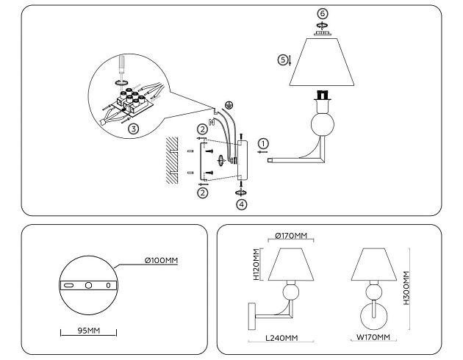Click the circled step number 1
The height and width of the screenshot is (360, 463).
(264, 144)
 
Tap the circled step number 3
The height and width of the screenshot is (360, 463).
(132, 128)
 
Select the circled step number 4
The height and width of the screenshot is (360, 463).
(242, 204)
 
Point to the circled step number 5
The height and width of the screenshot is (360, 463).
(282, 59)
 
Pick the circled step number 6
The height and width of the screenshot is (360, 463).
(321, 14)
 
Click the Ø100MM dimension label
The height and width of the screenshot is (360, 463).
(160, 260)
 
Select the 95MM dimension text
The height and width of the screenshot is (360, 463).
(88, 331)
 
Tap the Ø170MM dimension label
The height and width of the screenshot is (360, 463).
(292, 235)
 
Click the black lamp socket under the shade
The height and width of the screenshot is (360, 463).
(320, 95)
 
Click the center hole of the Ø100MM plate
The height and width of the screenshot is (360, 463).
(87, 284)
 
